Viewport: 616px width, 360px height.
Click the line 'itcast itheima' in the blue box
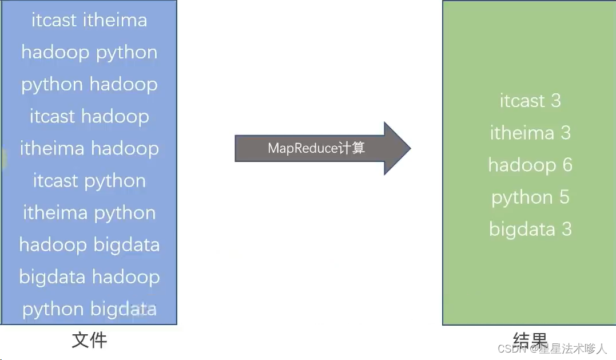point(89,20)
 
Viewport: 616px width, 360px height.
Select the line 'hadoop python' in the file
point(89,53)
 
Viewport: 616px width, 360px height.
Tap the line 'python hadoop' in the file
point(89,85)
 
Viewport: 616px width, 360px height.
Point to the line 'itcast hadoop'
point(89,117)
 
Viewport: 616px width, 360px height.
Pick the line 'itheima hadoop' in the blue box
point(89,149)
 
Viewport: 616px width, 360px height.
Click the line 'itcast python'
point(89,181)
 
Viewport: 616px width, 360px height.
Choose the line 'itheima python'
point(89,213)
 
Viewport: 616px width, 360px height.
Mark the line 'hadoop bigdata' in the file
point(89,245)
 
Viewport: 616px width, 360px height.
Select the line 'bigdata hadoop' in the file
point(89,277)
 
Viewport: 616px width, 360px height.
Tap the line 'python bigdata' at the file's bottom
point(89,309)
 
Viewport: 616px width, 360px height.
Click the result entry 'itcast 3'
point(530,101)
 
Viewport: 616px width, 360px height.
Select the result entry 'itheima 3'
point(530,133)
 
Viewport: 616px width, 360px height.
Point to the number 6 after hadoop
point(567,165)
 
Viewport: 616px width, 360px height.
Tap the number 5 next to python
point(564,197)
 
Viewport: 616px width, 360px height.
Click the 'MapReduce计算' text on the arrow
point(316,148)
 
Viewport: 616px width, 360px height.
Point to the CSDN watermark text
point(552,349)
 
